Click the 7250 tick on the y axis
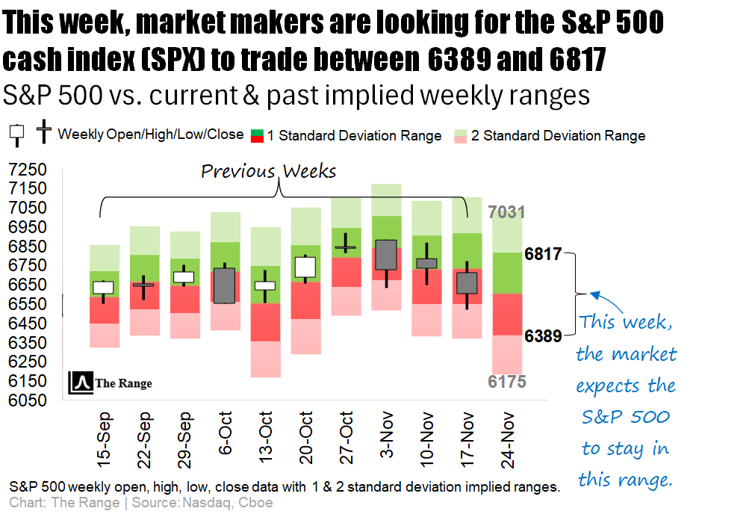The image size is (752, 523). [x=25, y=169]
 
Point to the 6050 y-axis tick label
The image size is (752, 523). [x=25, y=400]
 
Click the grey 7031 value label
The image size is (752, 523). [x=507, y=212]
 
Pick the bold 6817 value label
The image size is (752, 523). [x=543, y=253]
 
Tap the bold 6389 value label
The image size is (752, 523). [x=543, y=336]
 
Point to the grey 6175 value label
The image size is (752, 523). [x=507, y=382]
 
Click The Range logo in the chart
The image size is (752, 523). [x=111, y=383]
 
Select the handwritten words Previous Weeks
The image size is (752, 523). [x=269, y=171]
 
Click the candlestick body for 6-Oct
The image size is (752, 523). [x=224, y=285]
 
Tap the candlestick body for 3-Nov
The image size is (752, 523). [x=386, y=255]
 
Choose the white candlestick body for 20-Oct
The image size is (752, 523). [x=305, y=267]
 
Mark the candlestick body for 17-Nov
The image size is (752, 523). [x=467, y=282]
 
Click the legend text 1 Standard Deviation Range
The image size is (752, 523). [x=355, y=136]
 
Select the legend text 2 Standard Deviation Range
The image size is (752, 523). [x=564, y=136]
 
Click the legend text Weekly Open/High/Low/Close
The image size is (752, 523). [x=151, y=134]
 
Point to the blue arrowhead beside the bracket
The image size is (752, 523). [x=594, y=295]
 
